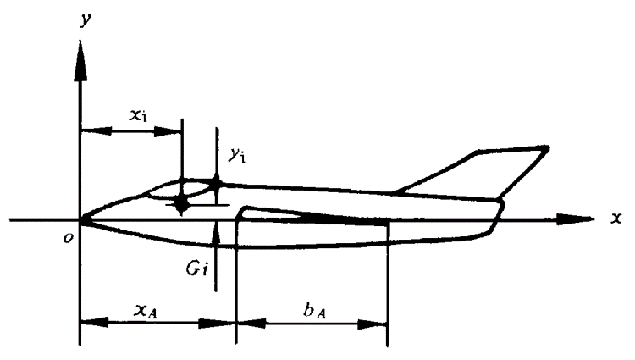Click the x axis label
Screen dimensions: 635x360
coord(616,217)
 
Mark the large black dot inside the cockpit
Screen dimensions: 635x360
coord(181,202)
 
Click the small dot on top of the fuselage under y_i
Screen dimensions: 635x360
coord(217,182)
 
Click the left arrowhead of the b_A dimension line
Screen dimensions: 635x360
coord(244,322)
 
